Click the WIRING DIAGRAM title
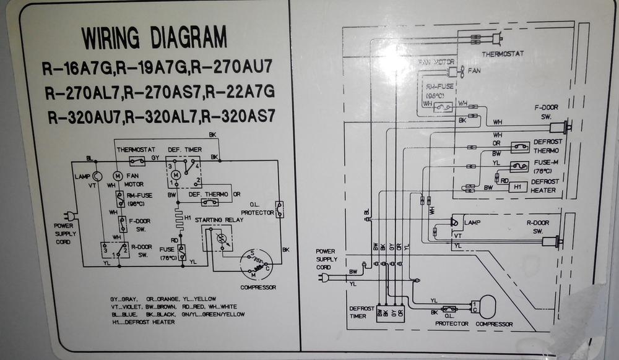pos(154,38)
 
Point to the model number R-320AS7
pos(239,115)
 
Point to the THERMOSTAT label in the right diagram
pos(503,54)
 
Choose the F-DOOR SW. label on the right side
pos(547,111)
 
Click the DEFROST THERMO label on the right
pos(548,145)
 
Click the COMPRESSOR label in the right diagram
pos(494,324)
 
